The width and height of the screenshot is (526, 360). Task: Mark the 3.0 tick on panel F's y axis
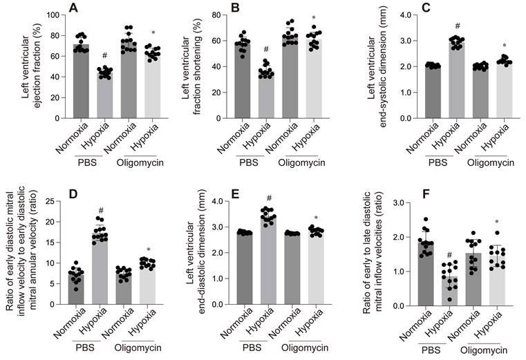coord(399,202)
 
